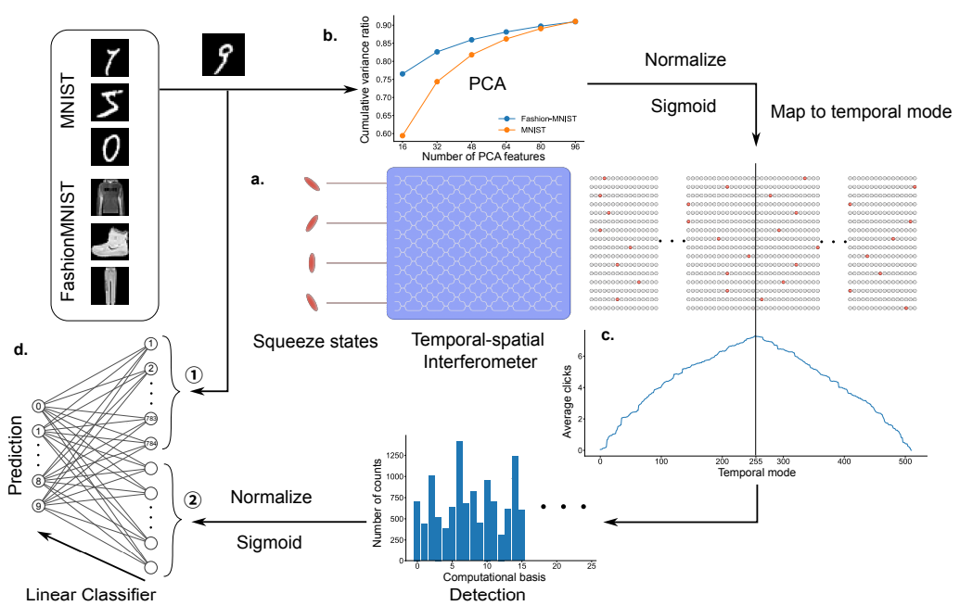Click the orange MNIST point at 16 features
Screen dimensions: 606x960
coord(402,135)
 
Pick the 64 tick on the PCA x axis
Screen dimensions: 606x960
coord(506,146)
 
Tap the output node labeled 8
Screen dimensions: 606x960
coord(38,480)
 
